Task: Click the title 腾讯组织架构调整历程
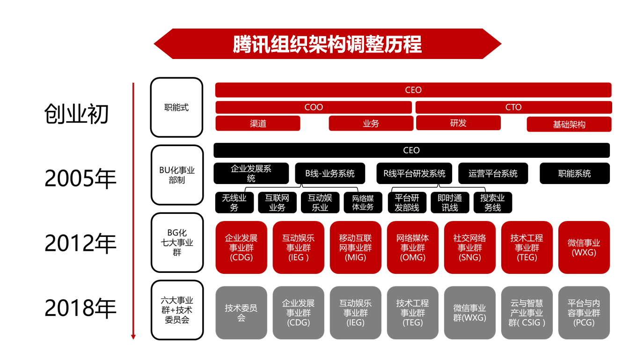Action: coord(327,44)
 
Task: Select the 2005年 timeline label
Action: coord(80,178)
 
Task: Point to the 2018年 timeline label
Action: coord(80,308)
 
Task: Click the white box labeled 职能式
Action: coord(176,107)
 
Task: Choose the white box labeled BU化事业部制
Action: coord(176,175)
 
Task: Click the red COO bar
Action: coord(313,107)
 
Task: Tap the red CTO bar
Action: coord(513,107)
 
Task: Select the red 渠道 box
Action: coord(257,124)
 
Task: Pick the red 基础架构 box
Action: coord(569,125)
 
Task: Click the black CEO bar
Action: coord(411,150)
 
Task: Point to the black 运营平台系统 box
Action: coord(493,174)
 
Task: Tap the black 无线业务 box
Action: coord(234,203)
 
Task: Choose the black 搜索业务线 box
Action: coord(492,203)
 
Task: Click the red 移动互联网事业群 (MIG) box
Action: coord(355,247)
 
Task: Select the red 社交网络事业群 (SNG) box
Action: coord(469,247)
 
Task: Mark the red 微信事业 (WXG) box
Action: coord(584,247)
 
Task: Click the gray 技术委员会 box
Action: coord(241,312)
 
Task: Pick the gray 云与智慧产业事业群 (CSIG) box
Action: coord(527,312)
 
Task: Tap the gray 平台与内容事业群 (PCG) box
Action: coord(584,312)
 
